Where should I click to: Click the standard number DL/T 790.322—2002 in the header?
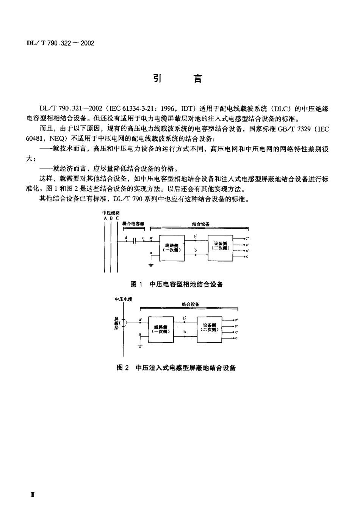tap(60, 43)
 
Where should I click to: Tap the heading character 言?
tap(197, 78)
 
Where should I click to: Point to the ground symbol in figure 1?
tap(151, 264)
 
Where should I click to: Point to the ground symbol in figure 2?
tap(140, 345)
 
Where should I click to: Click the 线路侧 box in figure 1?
tap(172, 248)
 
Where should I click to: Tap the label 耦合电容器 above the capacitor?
tap(133, 224)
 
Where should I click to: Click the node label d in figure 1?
tap(126, 238)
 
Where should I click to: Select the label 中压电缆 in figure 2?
tap(123, 299)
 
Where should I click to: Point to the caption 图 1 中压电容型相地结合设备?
tap(177, 284)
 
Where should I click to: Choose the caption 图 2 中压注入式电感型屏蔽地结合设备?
tap(177, 368)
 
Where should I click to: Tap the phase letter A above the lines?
tap(105, 218)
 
